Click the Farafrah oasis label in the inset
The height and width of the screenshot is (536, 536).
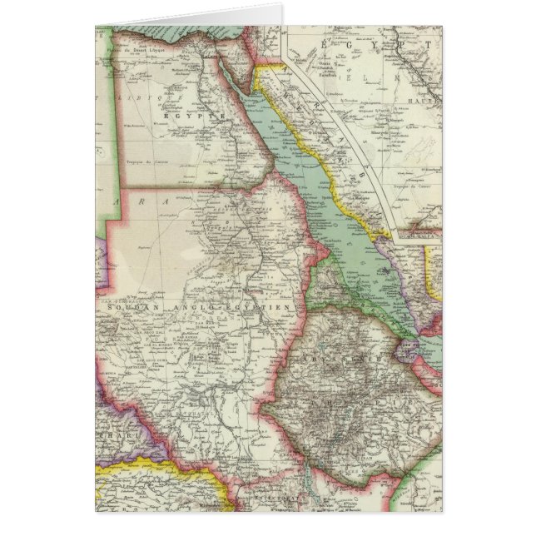click(x=334, y=59)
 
